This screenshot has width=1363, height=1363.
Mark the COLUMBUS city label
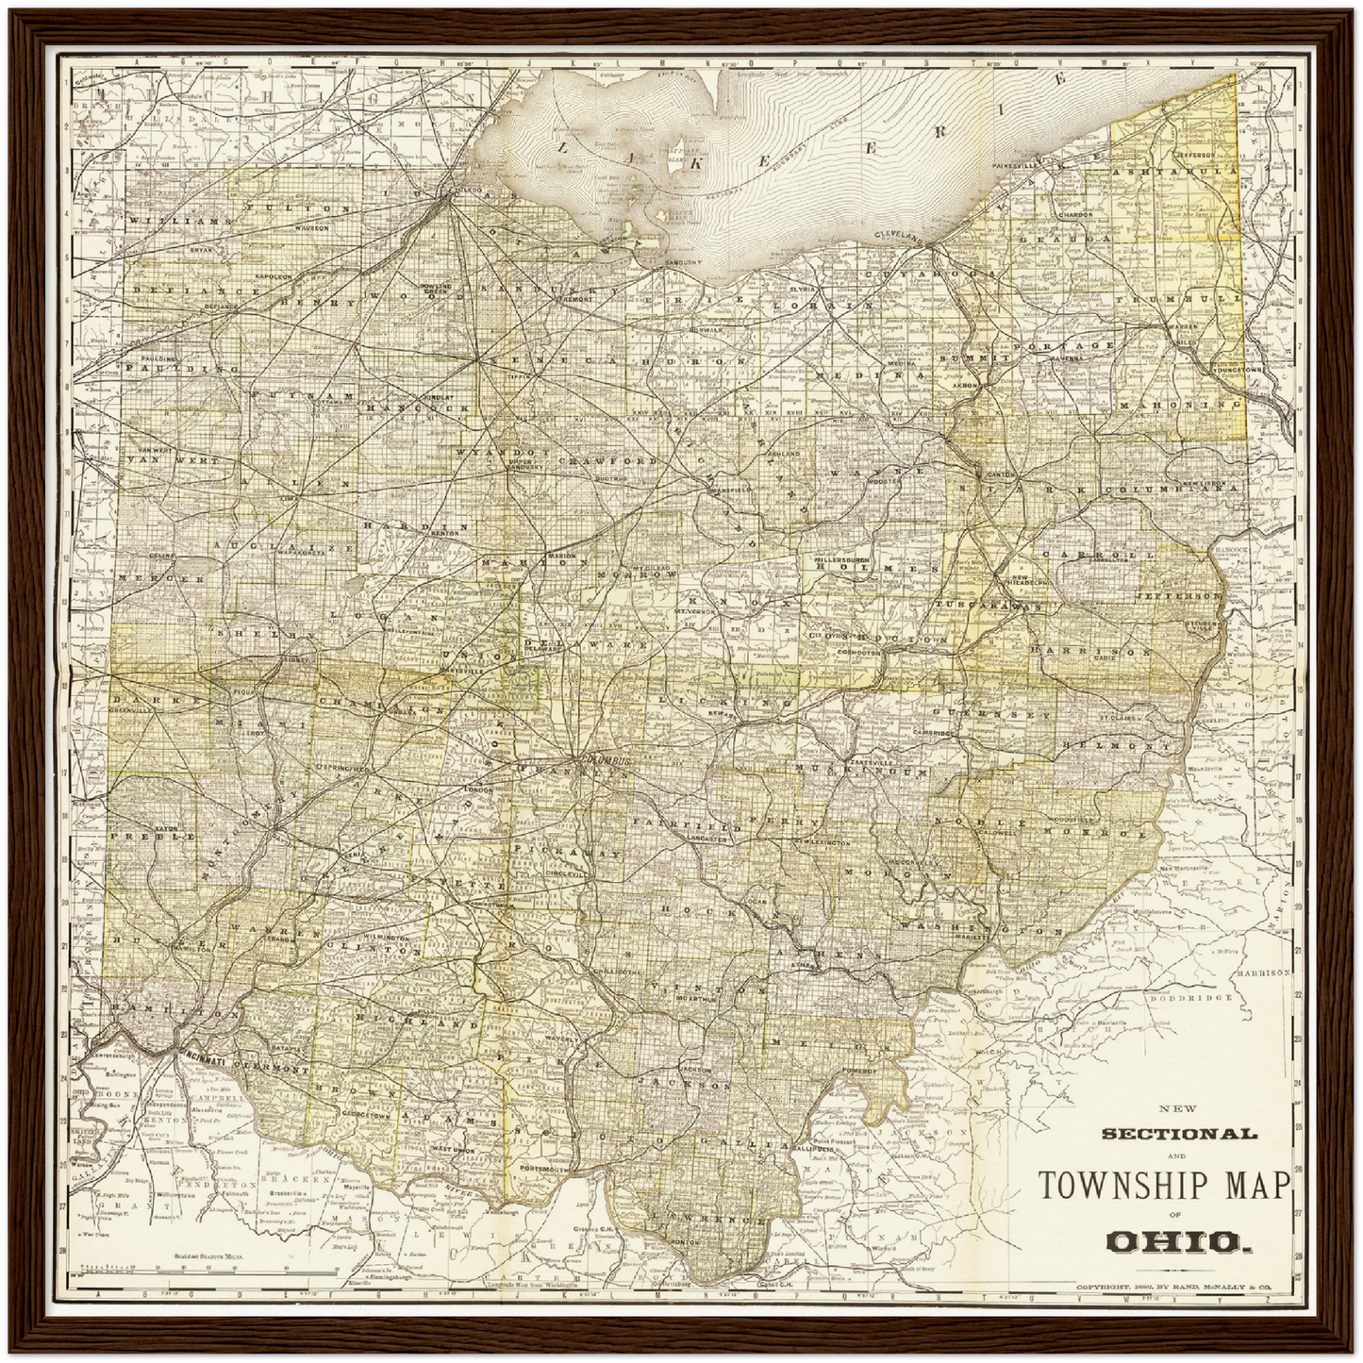604,759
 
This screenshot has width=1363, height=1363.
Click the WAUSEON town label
310,228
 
